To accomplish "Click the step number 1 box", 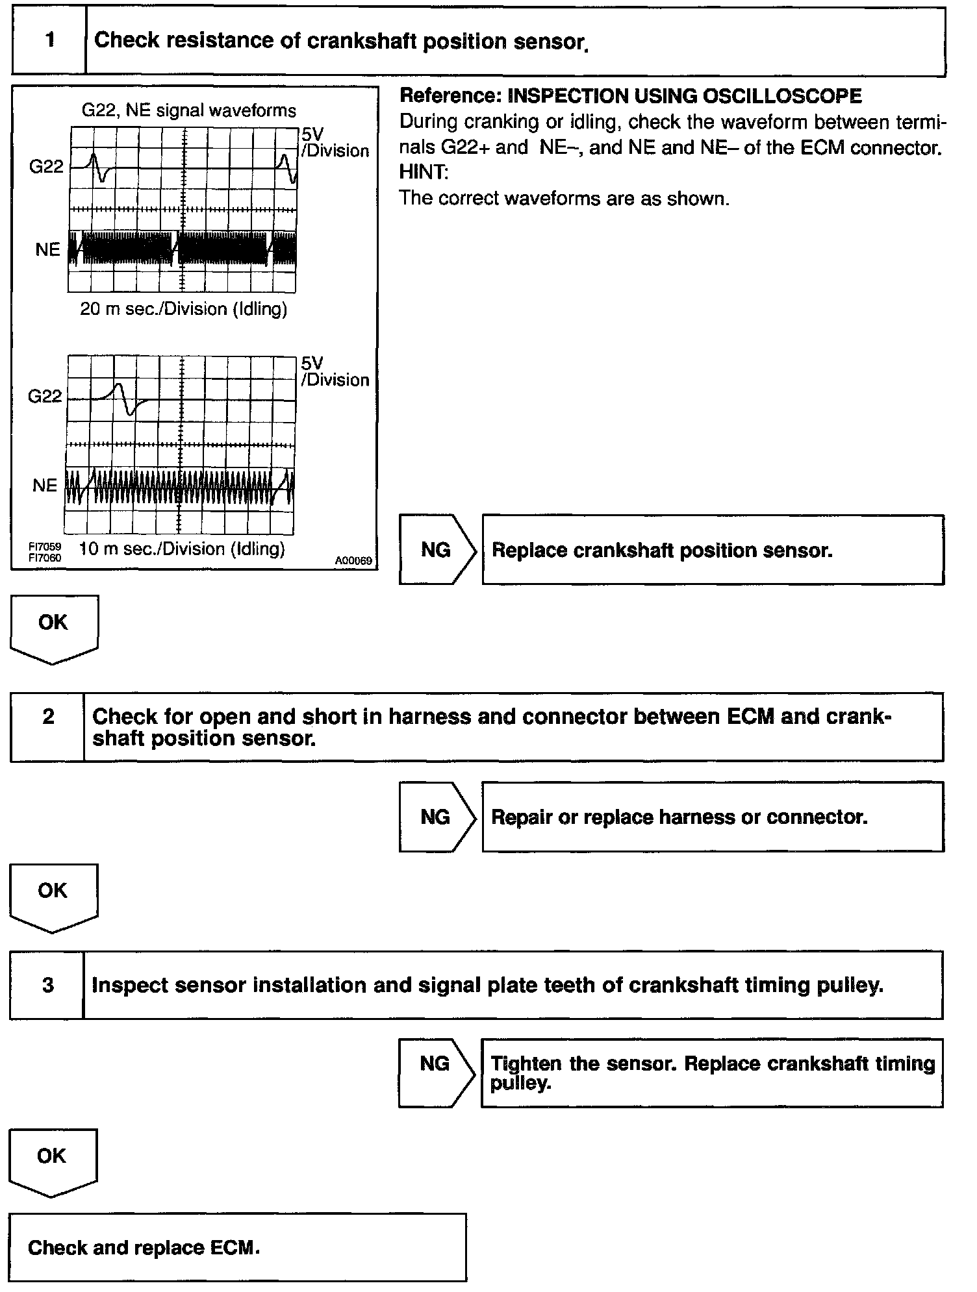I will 49,41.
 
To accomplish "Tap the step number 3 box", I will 47,985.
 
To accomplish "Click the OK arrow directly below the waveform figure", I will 53,627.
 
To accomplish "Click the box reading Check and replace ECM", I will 237,1247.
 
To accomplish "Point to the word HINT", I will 423,173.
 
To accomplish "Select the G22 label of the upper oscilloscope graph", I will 47,167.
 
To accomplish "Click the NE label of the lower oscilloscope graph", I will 45,486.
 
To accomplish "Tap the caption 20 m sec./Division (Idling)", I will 183,308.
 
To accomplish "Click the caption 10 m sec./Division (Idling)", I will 182,549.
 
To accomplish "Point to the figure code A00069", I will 353,560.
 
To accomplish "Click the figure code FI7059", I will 44,547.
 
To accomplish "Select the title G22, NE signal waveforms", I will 188,110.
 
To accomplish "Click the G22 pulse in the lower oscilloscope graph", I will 125,398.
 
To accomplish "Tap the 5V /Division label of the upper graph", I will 334,142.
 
